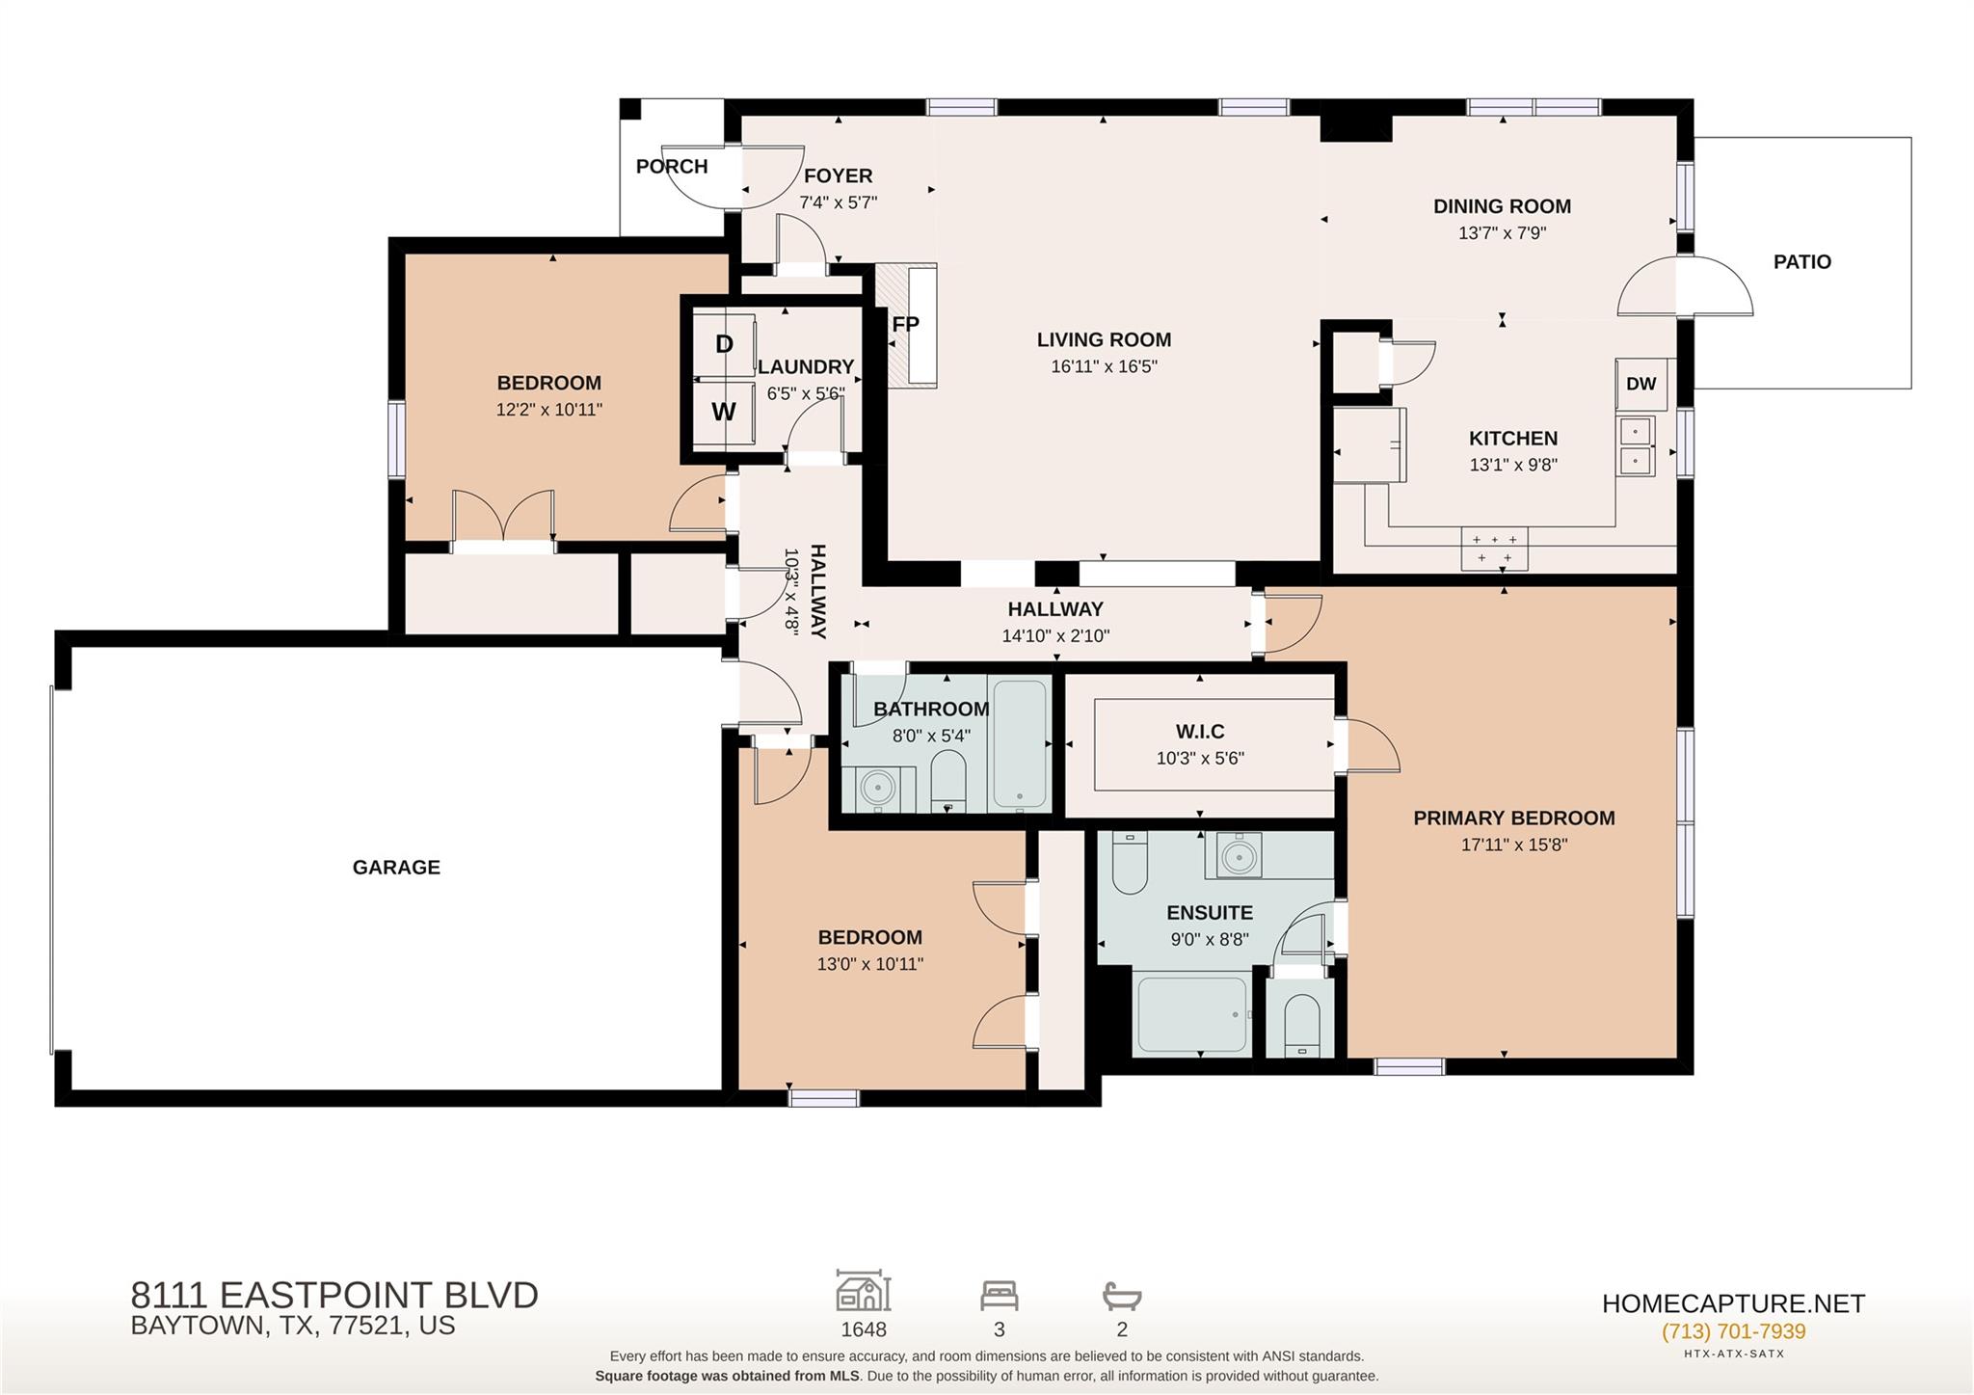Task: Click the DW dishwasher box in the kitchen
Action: click(1642, 383)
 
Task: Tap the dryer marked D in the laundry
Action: click(724, 344)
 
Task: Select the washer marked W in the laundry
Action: click(724, 412)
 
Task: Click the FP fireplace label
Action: click(905, 324)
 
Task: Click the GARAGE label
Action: click(396, 868)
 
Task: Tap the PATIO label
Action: click(1801, 261)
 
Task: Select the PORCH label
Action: click(672, 167)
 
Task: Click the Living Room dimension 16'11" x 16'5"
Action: click(1104, 366)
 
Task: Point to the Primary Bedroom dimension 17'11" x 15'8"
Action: click(1514, 845)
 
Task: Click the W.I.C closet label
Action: click(1200, 732)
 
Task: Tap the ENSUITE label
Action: click(1210, 913)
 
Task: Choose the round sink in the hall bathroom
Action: click(878, 788)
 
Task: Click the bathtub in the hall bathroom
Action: click(1020, 744)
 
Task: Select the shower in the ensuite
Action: click(1192, 1015)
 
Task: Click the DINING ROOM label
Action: click(1502, 206)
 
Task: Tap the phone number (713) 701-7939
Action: click(1733, 1331)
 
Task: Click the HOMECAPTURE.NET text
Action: click(1733, 1303)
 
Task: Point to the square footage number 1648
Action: click(864, 1329)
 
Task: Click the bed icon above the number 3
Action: click(1000, 1295)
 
